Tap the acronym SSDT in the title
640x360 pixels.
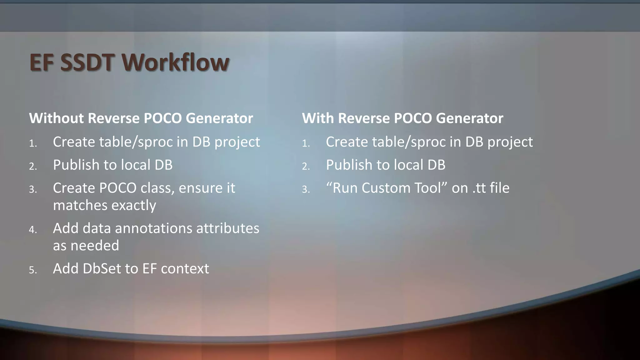pos(87,62)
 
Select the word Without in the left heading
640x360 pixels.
pos(56,118)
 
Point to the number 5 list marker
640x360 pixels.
pos(32,270)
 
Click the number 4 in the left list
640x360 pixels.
pos(32,230)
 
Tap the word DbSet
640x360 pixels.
pos(101,268)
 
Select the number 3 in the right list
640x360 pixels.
pos(305,189)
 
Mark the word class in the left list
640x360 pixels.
pos(157,188)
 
